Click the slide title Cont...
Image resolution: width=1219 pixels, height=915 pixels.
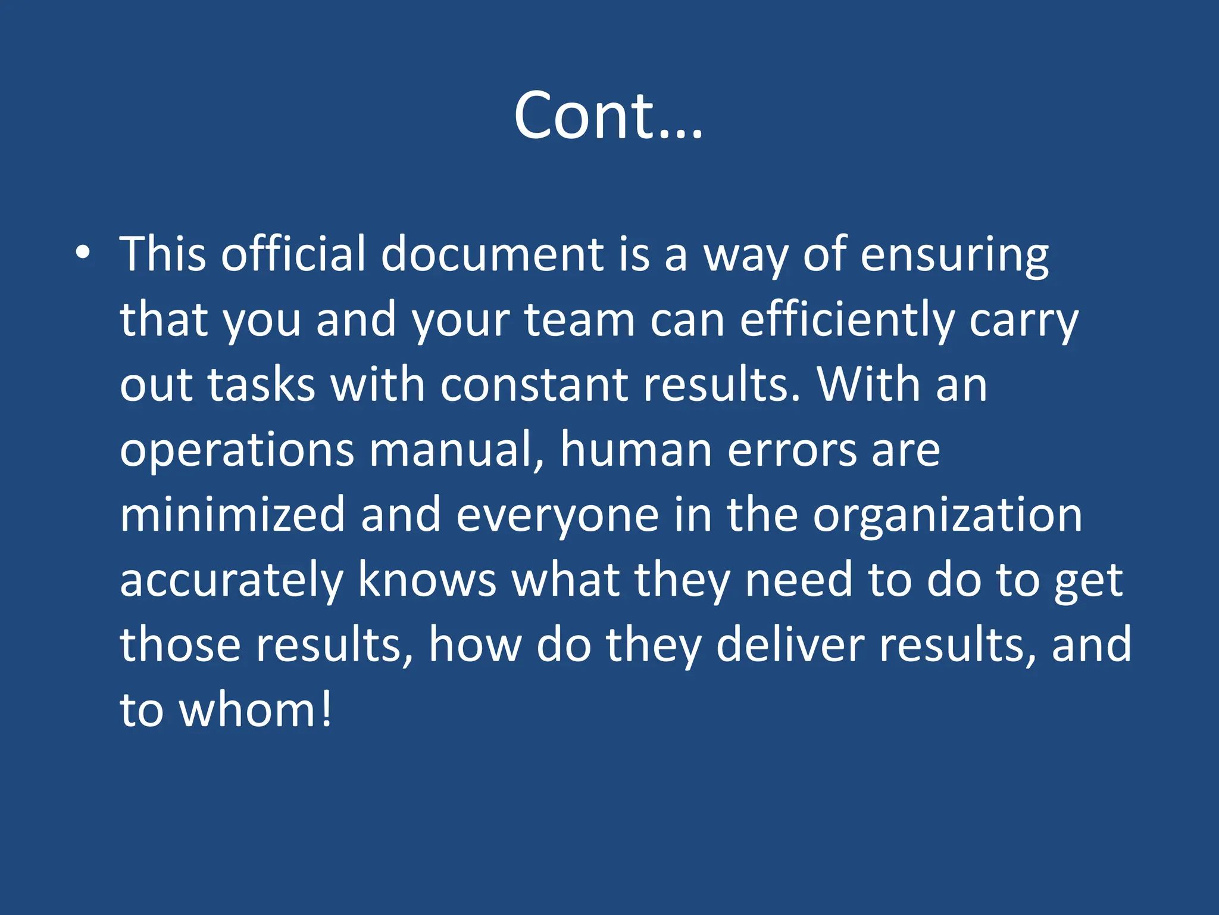[x=608, y=116]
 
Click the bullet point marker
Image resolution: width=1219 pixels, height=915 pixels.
[x=83, y=253]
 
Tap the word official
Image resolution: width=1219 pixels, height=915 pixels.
[x=293, y=254]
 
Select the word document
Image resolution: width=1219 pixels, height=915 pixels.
[x=492, y=254]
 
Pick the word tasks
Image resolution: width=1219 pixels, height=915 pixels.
[x=261, y=385]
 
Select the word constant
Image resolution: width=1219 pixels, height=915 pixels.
[x=535, y=385]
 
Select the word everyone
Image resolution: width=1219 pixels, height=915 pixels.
[x=558, y=516]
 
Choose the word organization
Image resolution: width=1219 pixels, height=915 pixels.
[x=948, y=516]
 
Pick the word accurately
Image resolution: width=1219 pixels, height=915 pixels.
[x=232, y=581]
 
